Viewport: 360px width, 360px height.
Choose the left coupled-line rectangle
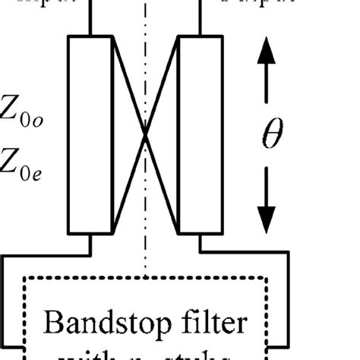pos(90,134)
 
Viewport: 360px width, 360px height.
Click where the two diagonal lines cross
pos(145,134)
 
